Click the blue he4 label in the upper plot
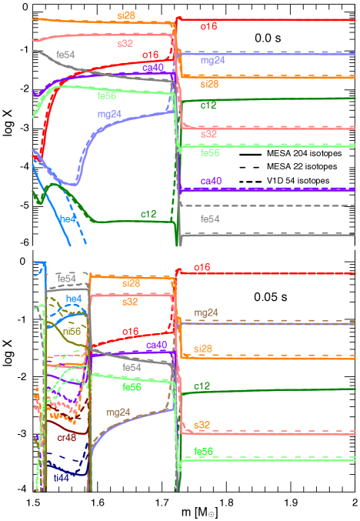pyautogui.click(x=68, y=219)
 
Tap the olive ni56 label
pyautogui.click(x=72, y=331)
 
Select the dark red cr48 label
pyautogui.click(x=66, y=438)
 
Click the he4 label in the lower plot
pyautogui.click(x=74, y=299)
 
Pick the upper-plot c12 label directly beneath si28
pyautogui.click(x=208, y=105)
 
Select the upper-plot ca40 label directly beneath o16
pyautogui.click(x=152, y=68)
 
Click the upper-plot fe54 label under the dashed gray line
pyautogui.click(x=208, y=219)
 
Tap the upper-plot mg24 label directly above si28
pyautogui.click(x=212, y=60)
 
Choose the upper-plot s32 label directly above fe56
pyautogui.click(x=208, y=135)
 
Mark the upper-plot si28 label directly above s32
pyautogui.click(x=125, y=15)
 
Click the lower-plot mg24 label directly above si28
pyautogui.click(x=205, y=313)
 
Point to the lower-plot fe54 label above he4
pyautogui.click(x=67, y=278)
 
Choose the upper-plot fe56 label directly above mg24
pyautogui.click(x=107, y=96)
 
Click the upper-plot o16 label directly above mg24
pyautogui.click(x=208, y=27)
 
